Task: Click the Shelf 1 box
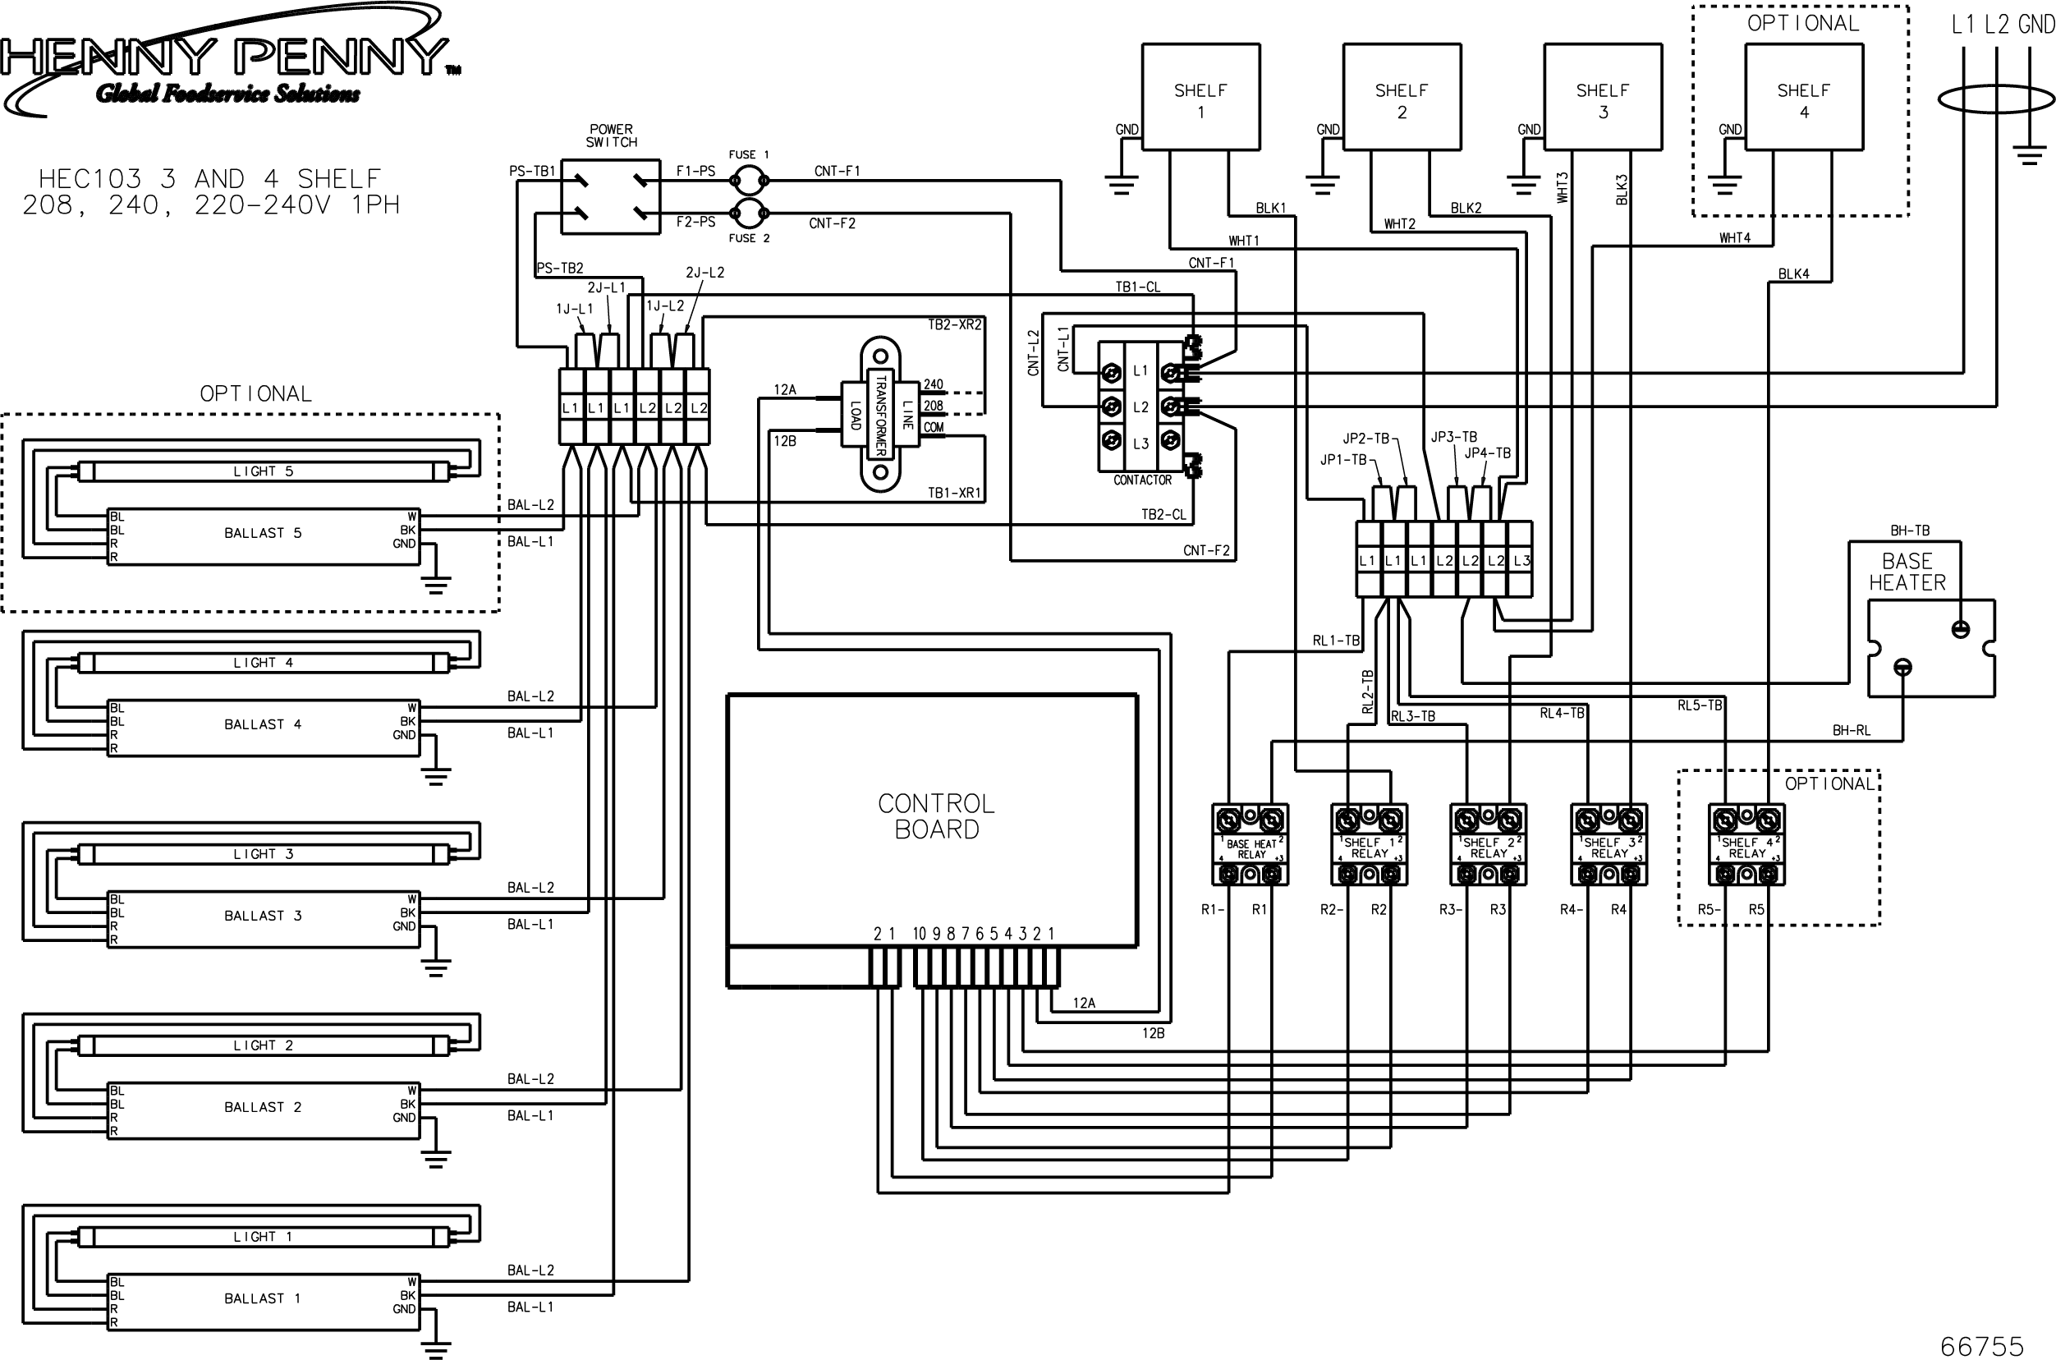[1200, 97]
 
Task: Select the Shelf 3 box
[1603, 97]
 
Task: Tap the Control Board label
[936, 816]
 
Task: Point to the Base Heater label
[1907, 572]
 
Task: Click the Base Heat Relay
[1250, 845]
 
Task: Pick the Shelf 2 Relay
[1488, 845]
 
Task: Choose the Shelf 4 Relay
[1746, 845]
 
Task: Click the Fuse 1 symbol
[747, 181]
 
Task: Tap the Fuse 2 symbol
[747, 211]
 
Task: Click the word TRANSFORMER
[880, 415]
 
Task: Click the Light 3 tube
[264, 855]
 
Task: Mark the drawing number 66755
[1981, 1345]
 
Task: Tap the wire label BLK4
[1793, 274]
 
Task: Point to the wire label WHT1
[1243, 241]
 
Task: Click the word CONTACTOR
[1142, 480]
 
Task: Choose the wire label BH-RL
[1852, 730]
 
